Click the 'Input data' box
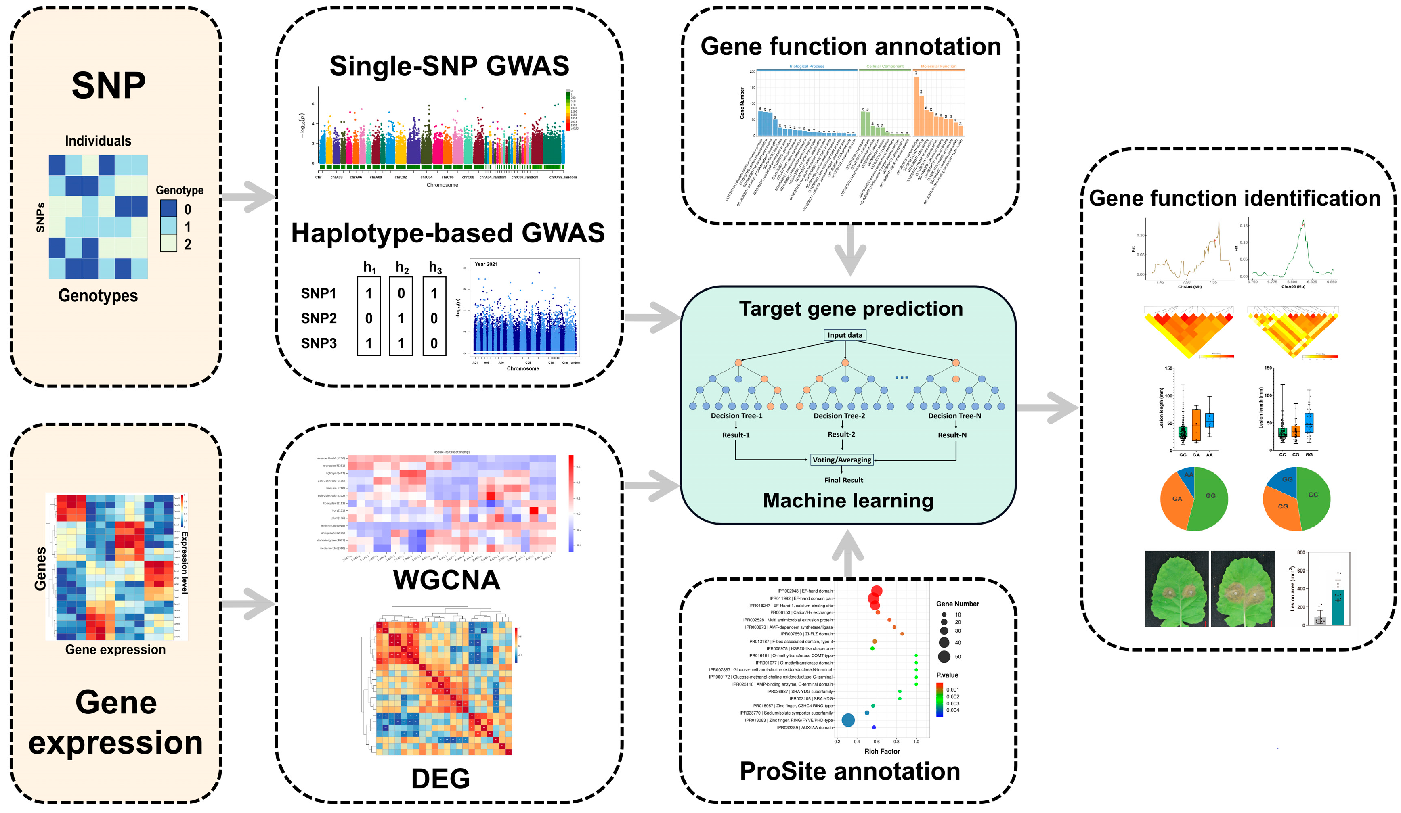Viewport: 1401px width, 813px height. coord(845,335)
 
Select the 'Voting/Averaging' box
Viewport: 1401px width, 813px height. coord(842,460)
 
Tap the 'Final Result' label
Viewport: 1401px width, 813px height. coord(843,480)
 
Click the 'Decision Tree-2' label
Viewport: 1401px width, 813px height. coord(839,416)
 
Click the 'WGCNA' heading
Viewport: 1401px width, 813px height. coord(447,580)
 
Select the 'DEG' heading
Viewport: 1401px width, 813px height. coord(440,778)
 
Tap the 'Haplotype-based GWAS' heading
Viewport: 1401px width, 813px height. coord(447,233)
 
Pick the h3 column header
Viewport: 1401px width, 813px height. coord(435,268)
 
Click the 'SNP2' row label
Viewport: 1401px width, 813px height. coord(319,318)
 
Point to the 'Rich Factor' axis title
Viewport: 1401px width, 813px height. coord(882,751)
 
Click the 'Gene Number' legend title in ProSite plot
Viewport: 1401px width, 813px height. coord(957,604)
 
